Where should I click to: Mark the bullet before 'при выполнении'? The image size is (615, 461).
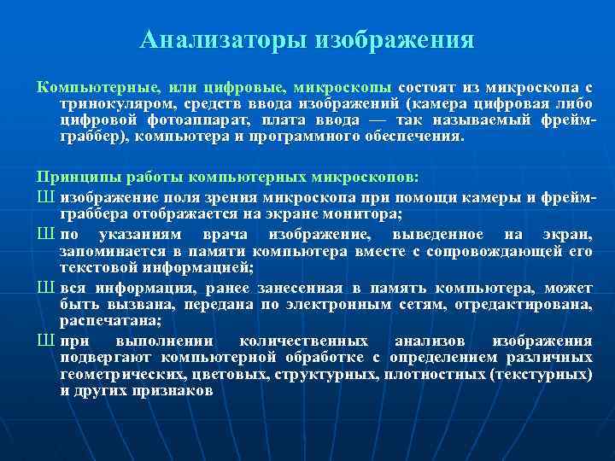coord(45,341)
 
